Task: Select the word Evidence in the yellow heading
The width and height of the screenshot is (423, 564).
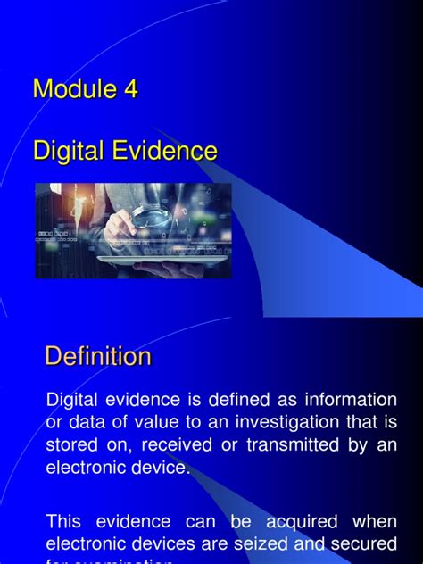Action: [164, 151]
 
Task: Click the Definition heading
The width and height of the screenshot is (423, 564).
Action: [98, 357]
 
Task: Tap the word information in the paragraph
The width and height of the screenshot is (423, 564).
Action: [351, 398]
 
